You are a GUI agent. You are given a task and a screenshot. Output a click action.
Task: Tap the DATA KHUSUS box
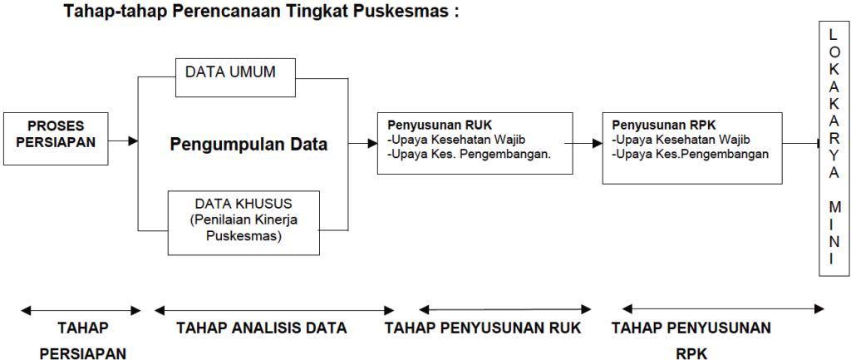(243, 220)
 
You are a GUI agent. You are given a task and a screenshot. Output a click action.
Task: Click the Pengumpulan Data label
(248, 144)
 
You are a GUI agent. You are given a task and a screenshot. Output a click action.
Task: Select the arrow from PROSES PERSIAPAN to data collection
(123, 141)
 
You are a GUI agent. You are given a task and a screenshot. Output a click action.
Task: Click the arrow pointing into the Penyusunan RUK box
(363, 143)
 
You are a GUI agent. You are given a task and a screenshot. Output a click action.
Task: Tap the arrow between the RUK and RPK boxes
(588, 142)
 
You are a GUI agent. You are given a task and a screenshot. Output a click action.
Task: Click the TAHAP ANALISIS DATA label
(261, 328)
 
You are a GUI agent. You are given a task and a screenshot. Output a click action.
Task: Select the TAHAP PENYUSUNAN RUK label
(483, 328)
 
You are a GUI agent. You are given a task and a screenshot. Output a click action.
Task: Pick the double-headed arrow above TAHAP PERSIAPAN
(81, 310)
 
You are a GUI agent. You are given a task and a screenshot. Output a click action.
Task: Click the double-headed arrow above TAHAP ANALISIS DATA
(261, 310)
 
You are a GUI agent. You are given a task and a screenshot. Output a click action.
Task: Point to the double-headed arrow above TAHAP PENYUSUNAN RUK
(505, 310)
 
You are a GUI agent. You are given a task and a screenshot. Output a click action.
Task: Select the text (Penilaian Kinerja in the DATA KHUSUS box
(243, 220)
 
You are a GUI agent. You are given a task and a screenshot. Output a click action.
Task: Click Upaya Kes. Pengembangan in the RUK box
(471, 154)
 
